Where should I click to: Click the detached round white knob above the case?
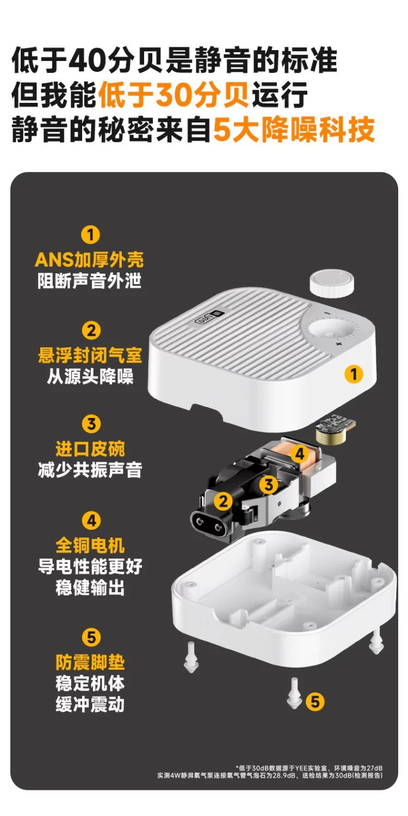click(331, 285)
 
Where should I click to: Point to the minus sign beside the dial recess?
click(327, 314)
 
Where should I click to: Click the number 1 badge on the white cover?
click(353, 374)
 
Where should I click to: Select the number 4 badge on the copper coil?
click(299, 453)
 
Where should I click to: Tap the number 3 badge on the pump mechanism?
click(268, 484)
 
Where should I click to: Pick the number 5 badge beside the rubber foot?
click(315, 702)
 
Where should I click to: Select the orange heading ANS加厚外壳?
click(89, 260)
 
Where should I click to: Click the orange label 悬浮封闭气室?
click(90, 355)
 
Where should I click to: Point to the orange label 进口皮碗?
click(90, 449)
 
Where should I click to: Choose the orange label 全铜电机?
click(90, 545)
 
